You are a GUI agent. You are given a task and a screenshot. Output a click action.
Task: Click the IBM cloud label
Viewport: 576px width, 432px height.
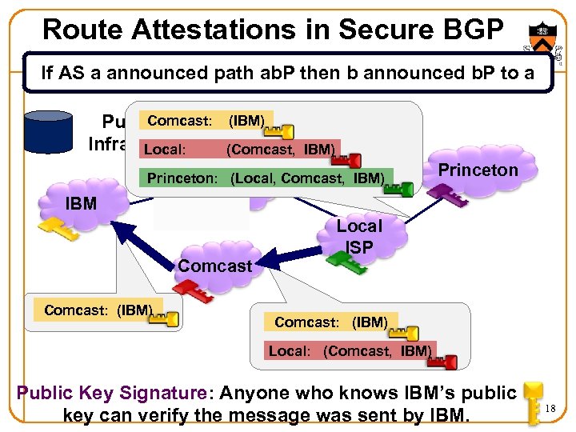click(81, 203)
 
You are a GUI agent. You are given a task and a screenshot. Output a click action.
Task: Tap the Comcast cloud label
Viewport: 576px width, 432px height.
click(215, 266)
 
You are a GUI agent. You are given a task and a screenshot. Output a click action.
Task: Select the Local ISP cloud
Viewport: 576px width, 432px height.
click(359, 237)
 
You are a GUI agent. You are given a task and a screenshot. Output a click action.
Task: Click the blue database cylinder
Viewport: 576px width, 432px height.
click(49, 131)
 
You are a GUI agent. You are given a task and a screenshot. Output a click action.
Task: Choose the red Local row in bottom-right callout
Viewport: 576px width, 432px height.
click(350, 350)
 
